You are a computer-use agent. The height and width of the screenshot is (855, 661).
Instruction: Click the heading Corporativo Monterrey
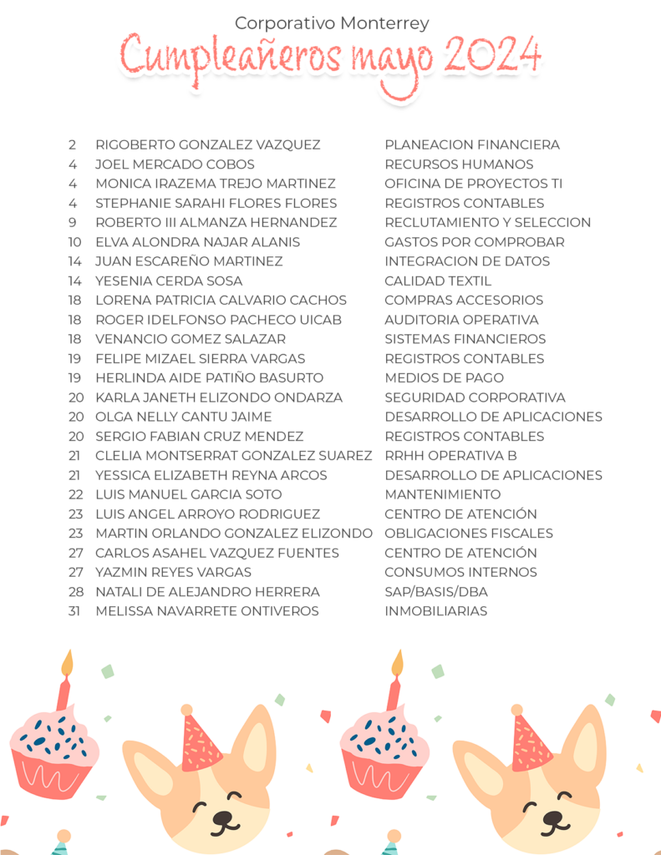click(x=332, y=23)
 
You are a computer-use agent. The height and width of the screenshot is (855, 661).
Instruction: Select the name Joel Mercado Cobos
click(x=175, y=164)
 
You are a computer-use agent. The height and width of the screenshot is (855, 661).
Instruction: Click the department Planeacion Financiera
click(x=472, y=145)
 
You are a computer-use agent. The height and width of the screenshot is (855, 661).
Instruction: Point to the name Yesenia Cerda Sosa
click(x=169, y=281)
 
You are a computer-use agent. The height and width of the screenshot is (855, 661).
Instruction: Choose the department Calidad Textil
click(x=438, y=281)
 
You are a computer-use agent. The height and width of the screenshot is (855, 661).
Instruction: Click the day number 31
click(x=75, y=611)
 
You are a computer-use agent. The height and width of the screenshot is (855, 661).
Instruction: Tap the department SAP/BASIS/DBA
click(x=436, y=592)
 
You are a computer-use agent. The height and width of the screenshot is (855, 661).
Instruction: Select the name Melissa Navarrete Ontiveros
click(x=207, y=611)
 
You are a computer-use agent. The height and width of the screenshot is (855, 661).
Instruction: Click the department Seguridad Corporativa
click(x=475, y=397)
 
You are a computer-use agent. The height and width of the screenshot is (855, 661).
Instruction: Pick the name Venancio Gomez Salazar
click(x=191, y=339)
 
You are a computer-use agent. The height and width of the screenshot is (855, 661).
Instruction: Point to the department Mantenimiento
click(x=443, y=494)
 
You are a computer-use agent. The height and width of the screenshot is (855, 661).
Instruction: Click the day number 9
click(x=74, y=223)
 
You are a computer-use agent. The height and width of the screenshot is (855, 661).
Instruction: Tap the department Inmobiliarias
click(x=435, y=611)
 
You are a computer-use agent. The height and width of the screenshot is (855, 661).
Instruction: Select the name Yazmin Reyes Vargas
click(x=173, y=573)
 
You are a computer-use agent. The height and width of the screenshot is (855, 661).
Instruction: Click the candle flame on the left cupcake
click(x=67, y=663)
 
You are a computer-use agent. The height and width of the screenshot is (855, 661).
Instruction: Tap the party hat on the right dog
click(x=531, y=740)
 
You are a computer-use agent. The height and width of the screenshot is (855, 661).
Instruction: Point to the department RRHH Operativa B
click(x=450, y=456)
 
